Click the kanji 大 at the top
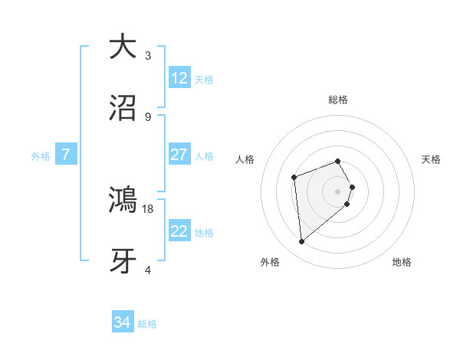coord(123,47)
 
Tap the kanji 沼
coord(123,108)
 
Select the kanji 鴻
coord(123,200)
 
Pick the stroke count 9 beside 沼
coord(148,116)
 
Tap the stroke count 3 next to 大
coord(148,55)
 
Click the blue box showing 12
coord(179,78)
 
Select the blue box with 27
coord(179,155)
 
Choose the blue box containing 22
coord(179,231)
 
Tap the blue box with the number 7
coord(66,155)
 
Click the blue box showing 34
coord(122,323)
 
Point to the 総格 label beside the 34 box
coord(147,324)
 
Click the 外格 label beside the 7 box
coord(41,155)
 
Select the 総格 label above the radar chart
coord(338,100)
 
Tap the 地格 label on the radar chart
coord(402,263)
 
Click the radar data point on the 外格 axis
coord(302,242)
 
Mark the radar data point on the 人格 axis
coord(294,178)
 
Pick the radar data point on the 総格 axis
coord(338,161)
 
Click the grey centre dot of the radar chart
coord(338,191)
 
